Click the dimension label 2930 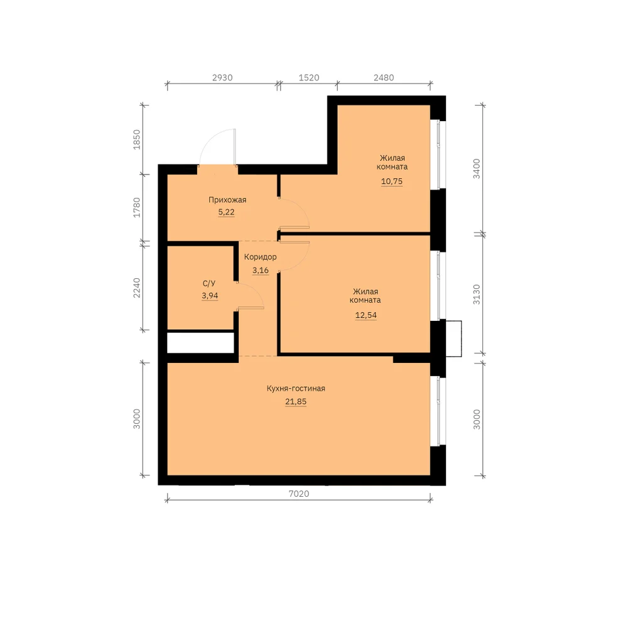point(222,78)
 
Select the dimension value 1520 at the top point(309,78)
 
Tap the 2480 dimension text point(384,78)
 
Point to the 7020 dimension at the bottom point(299,494)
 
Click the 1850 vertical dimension point(137,140)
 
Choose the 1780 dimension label point(137,207)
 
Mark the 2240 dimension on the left point(137,288)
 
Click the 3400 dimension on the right point(477,168)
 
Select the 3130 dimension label point(477,295)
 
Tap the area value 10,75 point(392,181)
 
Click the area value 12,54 point(365,315)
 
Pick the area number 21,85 point(296,402)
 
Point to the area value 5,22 point(226,212)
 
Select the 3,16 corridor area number point(261,270)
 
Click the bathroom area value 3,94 point(210,296)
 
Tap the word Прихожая point(227,200)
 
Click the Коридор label point(261,257)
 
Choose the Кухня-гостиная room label point(296,389)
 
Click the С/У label point(209,284)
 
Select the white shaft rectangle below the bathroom point(200,343)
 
